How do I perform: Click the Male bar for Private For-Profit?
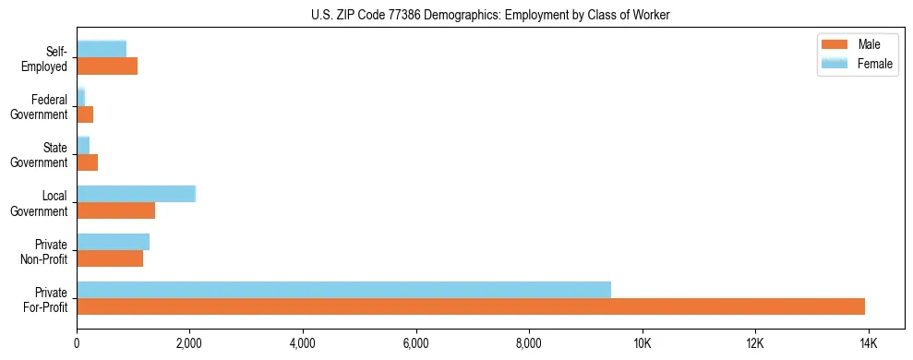point(471,306)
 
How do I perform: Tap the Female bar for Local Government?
point(136,194)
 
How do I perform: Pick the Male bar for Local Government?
point(115,210)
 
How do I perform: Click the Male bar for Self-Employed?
point(107,66)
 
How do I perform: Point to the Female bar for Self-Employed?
point(102,49)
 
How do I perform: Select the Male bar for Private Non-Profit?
point(110,258)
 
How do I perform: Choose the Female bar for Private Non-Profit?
point(113,242)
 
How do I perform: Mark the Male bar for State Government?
point(87,162)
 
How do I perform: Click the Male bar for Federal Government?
point(85,114)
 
